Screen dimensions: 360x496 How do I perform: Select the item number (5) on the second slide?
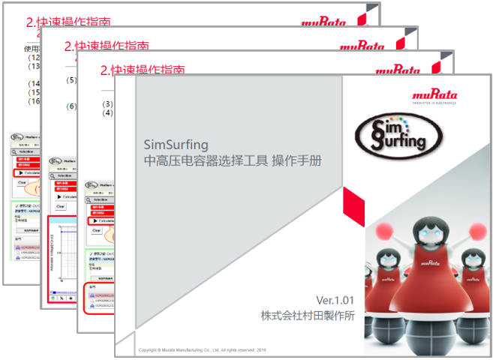point(72,80)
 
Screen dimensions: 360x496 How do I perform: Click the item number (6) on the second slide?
point(72,106)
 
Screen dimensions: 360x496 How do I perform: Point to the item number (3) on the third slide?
point(109,103)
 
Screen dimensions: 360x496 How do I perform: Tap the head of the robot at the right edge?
point(472,259)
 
